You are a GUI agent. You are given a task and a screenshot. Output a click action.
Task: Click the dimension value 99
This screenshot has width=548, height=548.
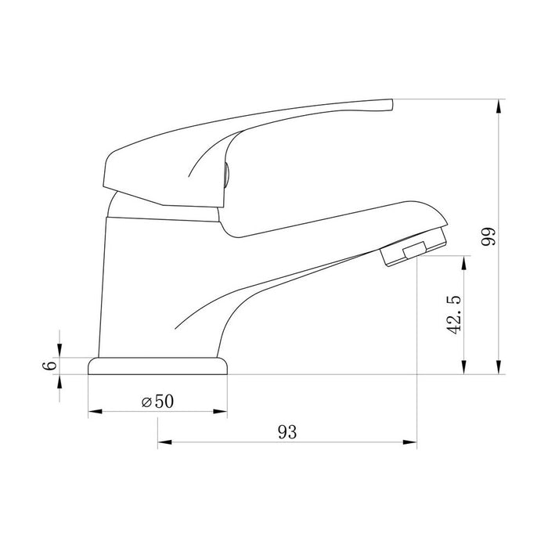[x=489, y=236]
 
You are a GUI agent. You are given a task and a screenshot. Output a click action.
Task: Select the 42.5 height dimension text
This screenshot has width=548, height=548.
[x=454, y=315]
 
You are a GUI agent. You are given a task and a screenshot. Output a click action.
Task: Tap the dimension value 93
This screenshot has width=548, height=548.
[x=287, y=432]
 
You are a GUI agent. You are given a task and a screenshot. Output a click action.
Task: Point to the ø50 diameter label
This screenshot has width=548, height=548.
[x=157, y=401]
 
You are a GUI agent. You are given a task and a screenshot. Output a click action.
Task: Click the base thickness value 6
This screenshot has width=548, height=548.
[x=49, y=366]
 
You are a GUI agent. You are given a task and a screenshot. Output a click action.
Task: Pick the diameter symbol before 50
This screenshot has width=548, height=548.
[x=146, y=402]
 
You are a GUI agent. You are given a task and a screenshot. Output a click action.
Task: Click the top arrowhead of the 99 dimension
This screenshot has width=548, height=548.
[x=499, y=106]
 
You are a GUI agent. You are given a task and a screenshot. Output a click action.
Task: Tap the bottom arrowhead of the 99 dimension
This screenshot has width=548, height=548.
[x=499, y=367]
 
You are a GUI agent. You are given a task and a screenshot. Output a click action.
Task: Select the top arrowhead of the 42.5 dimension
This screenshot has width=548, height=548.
[x=463, y=262]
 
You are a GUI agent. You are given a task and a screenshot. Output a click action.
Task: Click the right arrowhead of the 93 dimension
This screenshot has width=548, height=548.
[x=410, y=442]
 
